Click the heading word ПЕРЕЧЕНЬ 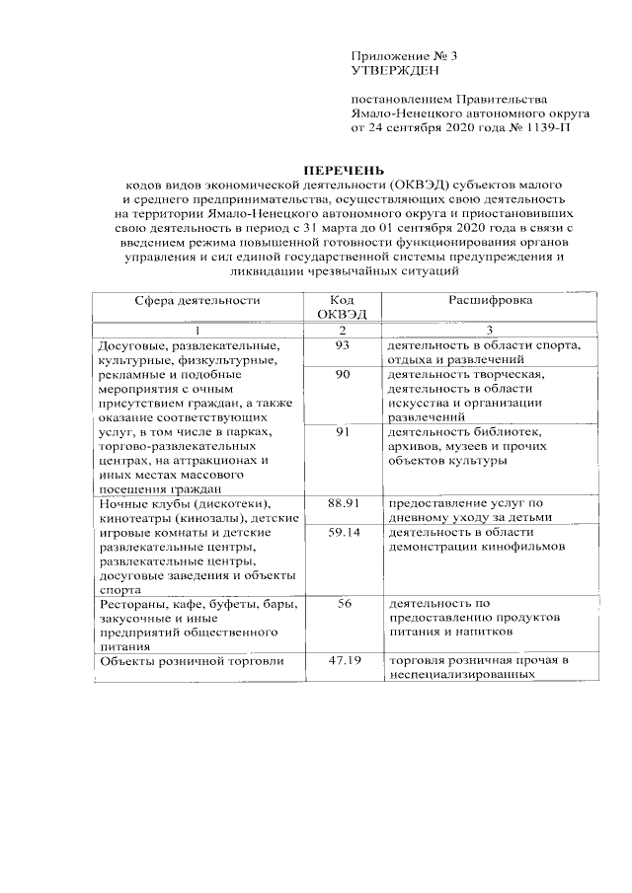343,170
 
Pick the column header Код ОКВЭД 342,307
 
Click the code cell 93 342,344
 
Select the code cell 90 342,374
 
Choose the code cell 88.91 342,503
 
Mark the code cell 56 344,604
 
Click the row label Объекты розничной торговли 193,661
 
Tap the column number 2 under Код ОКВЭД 342,330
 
